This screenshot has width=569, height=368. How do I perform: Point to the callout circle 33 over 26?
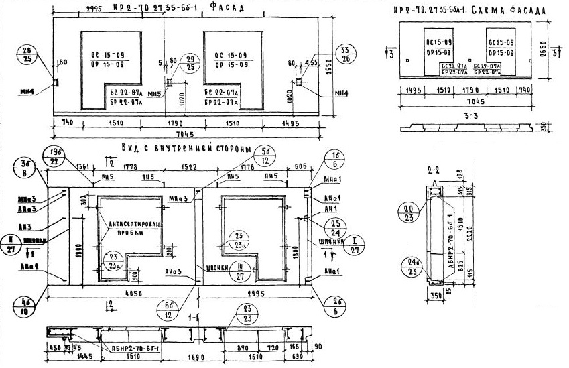(x=345, y=55)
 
